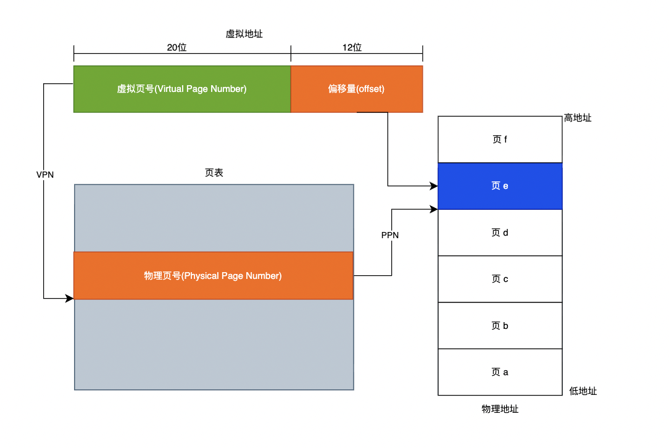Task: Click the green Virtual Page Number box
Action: pyautogui.click(x=182, y=89)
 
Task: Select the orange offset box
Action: pyautogui.click(x=357, y=89)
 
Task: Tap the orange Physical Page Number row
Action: pyautogui.click(x=213, y=276)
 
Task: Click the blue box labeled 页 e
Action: pyautogui.click(x=500, y=186)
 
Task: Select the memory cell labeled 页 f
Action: pyautogui.click(x=500, y=139)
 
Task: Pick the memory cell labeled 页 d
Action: pyautogui.click(x=500, y=233)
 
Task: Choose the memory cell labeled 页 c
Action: pyautogui.click(x=500, y=279)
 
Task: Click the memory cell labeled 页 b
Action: pyautogui.click(x=500, y=326)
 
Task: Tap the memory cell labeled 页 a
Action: pyautogui.click(x=500, y=372)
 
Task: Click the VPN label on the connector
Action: pyautogui.click(x=45, y=175)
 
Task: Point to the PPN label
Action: pyautogui.click(x=390, y=235)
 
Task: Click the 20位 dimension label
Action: pyautogui.click(x=177, y=48)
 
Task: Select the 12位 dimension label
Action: pyautogui.click(x=352, y=48)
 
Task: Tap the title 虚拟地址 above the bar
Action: pyautogui.click(x=244, y=34)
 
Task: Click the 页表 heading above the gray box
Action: pyautogui.click(x=214, y=173)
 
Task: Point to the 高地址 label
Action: pyautogui.click(x=578, y=117)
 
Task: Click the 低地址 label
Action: pyautogui.click(x=583, y=391)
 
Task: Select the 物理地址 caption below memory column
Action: pyautogui.click(x=500, y=409)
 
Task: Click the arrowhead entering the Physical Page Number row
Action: pyautogui.click(x=70, y=299)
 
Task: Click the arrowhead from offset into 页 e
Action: pyautogui.click(x=434, y=185)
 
